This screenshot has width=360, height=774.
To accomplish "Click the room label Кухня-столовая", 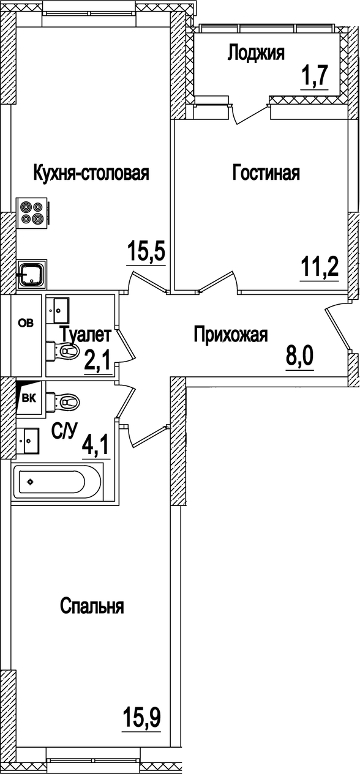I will click(x=91, y=173).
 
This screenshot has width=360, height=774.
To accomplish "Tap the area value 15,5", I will click(x=146, y=251).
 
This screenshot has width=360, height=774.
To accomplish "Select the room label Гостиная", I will click(x=266, y=173).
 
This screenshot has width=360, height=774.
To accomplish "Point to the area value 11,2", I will click(x=319, y=267).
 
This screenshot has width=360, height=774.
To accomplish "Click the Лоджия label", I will click(x=256, y=53).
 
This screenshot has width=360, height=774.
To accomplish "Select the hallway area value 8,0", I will click(x=299, y=354).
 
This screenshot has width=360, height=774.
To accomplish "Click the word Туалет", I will click(x=86, y=335).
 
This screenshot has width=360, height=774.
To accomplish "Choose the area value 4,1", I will click(x=96, y=445).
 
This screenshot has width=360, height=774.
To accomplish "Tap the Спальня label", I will click(x=92, y=606).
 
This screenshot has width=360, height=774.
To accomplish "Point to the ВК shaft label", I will click(x=28, y=398).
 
